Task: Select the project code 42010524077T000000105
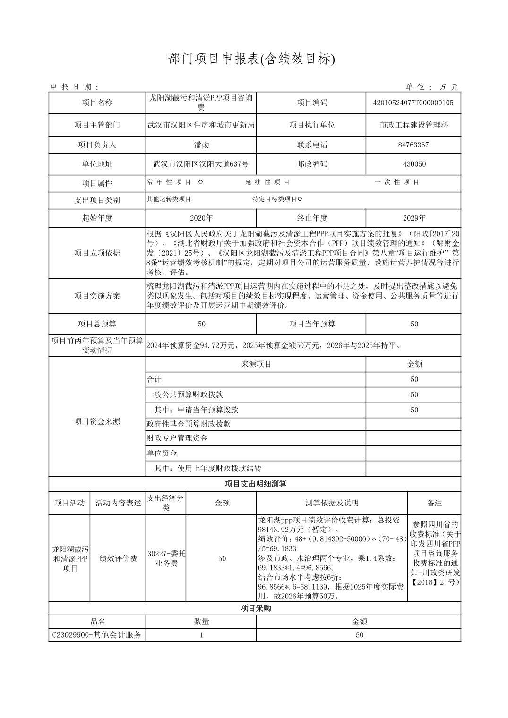pyautogui.click(x=413, y=103)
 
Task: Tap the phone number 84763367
pyautogui.click(x=413, y=145)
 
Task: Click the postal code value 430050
pyautogui.click(x=413, y=164)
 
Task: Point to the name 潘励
pyautogui.click(x=201, y=145)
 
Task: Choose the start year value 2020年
pyautogui.click(x=201, y=218)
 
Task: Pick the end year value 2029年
pyautogui.click(x=414, y=218)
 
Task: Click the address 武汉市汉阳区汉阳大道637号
pyautogui.click(x=201, y=164)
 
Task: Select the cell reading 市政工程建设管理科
pyautogui.click(x=413, y=125)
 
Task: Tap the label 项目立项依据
pyautogui.click(x=97, y=253)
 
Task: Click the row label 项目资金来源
pyautogui.click(x=97, y=421)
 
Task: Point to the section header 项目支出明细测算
pyautogui.click(x=255, y=484)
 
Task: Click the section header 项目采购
pyautogui.click(x=255, y=608)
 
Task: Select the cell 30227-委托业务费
pyautogui.click(x=165, y=558)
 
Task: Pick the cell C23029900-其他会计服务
pyautogui.click(x=97, y=635)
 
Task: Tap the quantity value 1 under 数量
pyautogui.click(x=201, y=635)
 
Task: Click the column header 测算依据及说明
pyautogui.click(x=332, y=503)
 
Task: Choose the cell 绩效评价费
pyautogui.click(x=118, y=558)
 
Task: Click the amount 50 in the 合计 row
pyautogui.click(x=414, y=379)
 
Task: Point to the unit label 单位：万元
pyautogui.click(x=432, y=87)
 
